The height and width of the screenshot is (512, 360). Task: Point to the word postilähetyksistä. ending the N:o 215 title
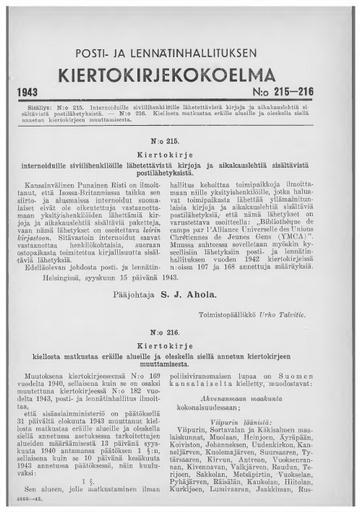[181, 181]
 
